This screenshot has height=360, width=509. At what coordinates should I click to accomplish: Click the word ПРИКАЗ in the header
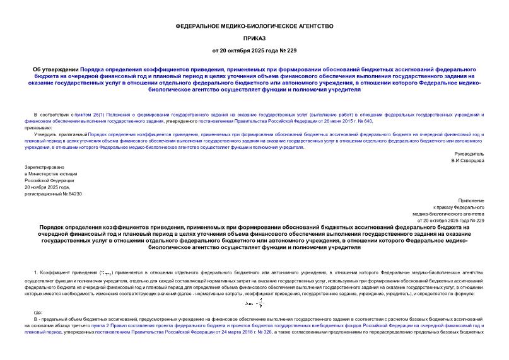point(254,37)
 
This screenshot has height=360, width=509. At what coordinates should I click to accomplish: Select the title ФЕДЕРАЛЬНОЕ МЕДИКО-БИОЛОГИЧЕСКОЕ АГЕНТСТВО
point(254,26)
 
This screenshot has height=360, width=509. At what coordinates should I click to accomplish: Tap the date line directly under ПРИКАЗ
point(254,49)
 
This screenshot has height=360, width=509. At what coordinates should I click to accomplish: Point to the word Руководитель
point(469,154)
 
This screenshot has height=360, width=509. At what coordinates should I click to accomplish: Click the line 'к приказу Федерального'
point(459,207)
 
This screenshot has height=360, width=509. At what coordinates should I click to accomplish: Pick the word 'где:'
point(38,312)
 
